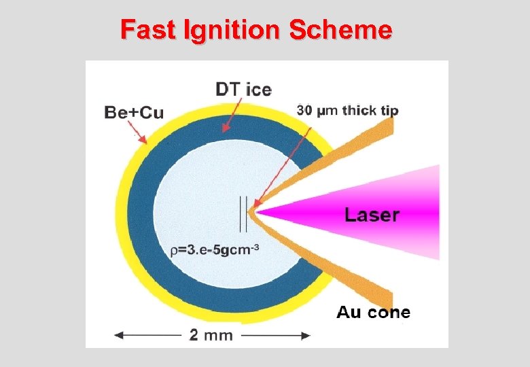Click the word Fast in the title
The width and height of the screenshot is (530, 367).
click(145, 30)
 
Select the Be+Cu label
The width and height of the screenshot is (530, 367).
click(134, 112)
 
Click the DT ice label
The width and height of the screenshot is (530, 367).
click(243, 89)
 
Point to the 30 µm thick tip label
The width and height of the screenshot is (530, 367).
click(347, 110)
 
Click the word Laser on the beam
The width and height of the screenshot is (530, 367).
click(372, 215)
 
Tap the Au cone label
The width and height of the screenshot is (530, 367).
click(373, 313)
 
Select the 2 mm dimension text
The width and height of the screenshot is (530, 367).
click(211, 335)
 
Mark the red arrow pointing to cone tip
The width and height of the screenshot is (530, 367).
click(279, 163)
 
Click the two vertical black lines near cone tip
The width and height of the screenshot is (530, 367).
click(242, 213)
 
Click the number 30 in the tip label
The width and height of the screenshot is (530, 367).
click(304, 110)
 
